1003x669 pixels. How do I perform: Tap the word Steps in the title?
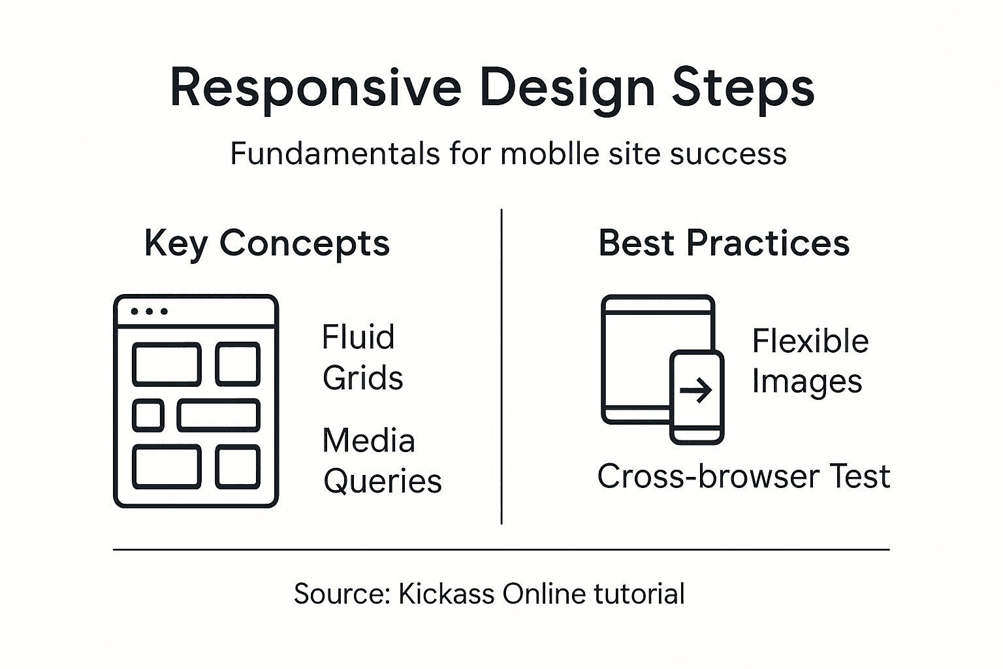743,88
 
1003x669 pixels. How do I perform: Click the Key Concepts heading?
266,244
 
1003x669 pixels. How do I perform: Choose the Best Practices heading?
724,243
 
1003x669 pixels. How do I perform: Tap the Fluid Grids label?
362,357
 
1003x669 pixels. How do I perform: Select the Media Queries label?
381,461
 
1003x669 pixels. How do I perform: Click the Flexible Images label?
810,361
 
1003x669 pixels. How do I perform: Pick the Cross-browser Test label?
743,476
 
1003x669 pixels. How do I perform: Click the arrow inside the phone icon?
696,391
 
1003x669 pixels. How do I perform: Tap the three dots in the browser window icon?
149,311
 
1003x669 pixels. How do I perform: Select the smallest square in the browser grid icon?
148,415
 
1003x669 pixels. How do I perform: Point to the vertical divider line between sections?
501,366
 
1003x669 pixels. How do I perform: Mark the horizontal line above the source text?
501,549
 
